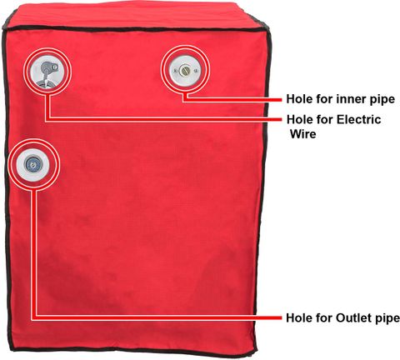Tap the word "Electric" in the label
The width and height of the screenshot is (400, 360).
(358, 119)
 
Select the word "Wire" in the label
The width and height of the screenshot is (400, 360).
(303, 134)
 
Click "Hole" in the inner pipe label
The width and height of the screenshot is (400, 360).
(300, 99)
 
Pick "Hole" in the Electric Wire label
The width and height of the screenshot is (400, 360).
(300, 119)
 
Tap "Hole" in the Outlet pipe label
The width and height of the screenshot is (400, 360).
(300, 317)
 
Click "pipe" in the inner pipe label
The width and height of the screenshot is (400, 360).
(382, 100)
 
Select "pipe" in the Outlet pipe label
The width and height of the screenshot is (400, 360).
(387, 318)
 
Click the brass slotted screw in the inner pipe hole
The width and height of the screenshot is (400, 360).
(184, 70)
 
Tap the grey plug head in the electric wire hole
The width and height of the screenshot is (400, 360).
(47, 67)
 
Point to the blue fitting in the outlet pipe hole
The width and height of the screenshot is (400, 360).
(33, 164)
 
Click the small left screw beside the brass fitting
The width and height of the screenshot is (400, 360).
(176, 71)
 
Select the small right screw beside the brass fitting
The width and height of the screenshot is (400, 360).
(197, 71)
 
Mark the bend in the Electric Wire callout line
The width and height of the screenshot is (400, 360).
(47, 119)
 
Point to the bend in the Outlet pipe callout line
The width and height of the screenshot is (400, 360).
(34, 317)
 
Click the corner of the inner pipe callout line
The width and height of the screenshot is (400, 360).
(185, 99)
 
